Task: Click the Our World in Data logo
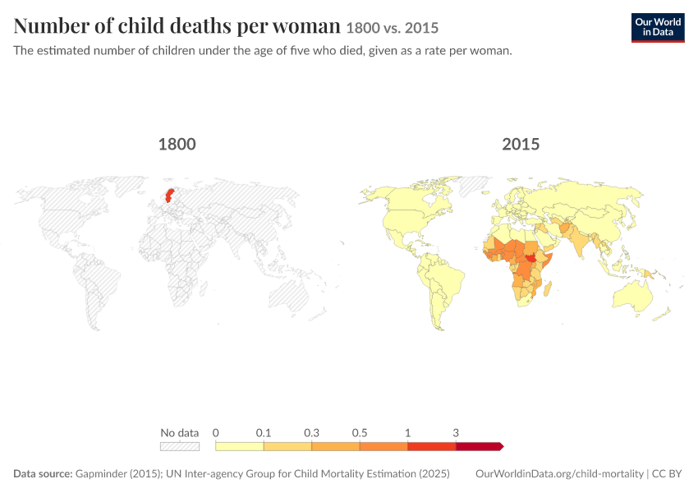click(658, 28)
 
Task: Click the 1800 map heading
click(177, 145)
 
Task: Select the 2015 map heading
click(521, 145)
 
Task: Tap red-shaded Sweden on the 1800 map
click(169, 195)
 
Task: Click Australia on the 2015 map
click(632, 295)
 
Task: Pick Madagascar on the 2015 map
click(548, 288)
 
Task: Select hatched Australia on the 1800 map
click(289, 295)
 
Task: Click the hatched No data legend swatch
click(180, 446)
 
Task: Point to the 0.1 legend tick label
click(264, 433)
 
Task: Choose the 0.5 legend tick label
click(360, 433)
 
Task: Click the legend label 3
click(456, 433)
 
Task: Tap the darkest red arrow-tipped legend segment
click(480, 446)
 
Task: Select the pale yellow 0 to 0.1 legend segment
click(240, 446)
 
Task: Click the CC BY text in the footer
click(667, 474)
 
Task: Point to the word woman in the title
click(306, 25)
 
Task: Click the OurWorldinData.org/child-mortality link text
click(559, 474)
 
